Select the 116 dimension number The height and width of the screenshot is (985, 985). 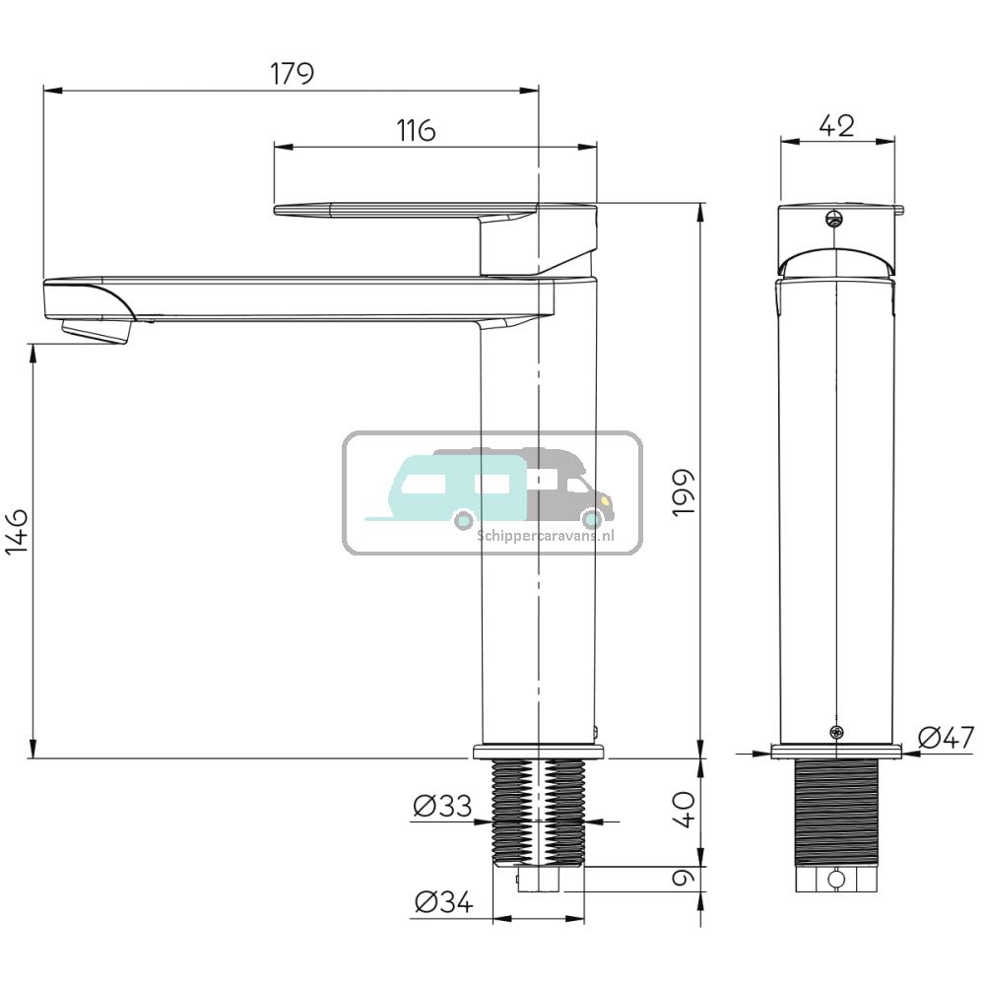point(417,130)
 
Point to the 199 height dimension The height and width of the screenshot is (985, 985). point(685,493)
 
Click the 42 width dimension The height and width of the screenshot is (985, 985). point(836,125)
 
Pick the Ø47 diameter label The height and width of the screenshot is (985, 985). point(945,737)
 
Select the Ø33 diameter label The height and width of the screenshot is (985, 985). point(442,808)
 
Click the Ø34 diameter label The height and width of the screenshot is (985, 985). point(442,901)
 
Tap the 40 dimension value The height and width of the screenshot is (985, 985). point(685,809)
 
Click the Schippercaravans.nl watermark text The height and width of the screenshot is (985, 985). point(545,536)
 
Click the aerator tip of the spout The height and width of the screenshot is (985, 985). point(96,333)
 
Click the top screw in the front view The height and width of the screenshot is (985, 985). point(835,219)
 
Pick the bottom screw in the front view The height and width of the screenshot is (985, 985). point(836,732)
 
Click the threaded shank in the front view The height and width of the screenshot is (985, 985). point(835,813)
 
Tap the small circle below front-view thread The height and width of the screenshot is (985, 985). point(835,879)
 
